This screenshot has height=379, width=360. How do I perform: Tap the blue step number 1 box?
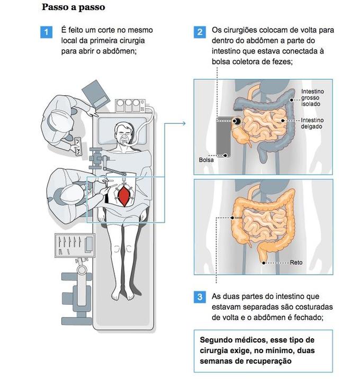(x=47, y=32)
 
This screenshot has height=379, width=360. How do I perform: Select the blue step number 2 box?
(x=200, y=32)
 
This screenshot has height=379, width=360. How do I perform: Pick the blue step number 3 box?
(x=200, y=297)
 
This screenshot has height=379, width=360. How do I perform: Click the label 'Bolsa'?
(x=206, y=159)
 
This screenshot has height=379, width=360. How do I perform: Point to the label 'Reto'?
(x=296, y=263)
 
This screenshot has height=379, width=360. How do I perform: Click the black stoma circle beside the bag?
(x=236, y=122)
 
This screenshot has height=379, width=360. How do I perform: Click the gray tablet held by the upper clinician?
(x=95, y=93)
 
